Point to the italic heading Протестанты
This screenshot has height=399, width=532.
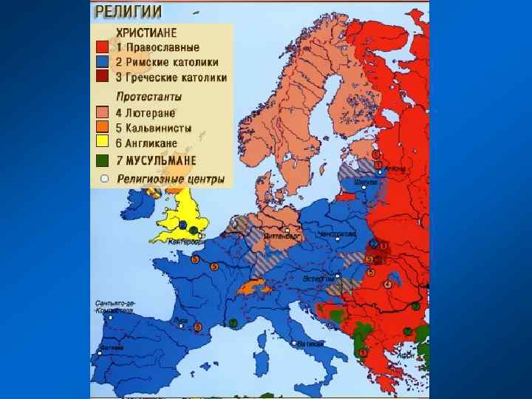[149, 96]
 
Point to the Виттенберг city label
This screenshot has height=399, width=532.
[283, 236]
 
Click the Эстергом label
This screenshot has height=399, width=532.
[318, 278]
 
